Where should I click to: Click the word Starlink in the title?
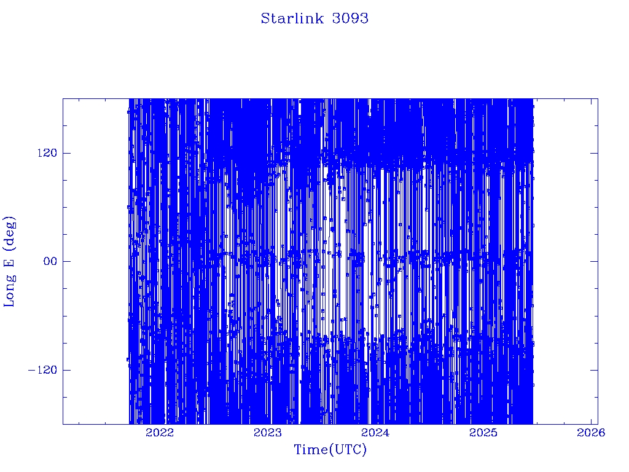[292, 18]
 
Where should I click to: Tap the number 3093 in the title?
[350, 18]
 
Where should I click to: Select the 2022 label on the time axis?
[160, 433]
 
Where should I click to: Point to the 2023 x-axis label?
[268, 433]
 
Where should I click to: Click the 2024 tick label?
[375, 433]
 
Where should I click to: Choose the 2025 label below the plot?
[483, 433]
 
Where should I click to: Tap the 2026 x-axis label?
[591, 433]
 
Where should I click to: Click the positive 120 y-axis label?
[47, 153]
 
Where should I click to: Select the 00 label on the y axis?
[50, 261]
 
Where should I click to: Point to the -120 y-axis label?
[42, 369]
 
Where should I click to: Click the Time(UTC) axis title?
[330, 450]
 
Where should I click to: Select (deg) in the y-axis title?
[9, 234]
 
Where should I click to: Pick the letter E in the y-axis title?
[9, 262]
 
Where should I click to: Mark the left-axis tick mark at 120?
[66, 153]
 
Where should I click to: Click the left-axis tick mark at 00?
[66, 261]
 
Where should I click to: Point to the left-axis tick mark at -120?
[66, 369]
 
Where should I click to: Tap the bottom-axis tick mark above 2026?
[592, 420]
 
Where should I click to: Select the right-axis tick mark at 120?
[594, 153]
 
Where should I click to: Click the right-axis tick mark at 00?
[594, 261]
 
